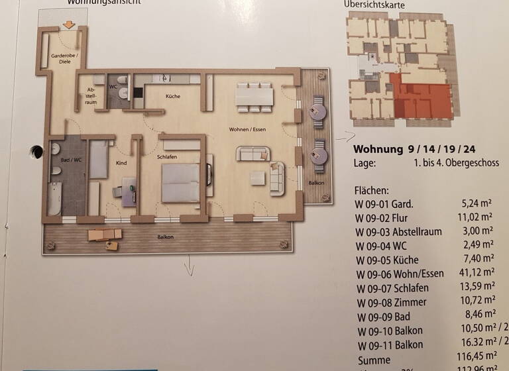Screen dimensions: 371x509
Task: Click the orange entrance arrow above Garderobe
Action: point(68,26)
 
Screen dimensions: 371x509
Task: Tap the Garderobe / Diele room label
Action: point(64,59)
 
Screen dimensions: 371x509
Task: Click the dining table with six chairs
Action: point(254,97)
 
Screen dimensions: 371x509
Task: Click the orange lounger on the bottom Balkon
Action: point(104,234)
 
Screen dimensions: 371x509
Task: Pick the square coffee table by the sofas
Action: point(256,179)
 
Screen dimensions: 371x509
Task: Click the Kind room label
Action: point(121,162)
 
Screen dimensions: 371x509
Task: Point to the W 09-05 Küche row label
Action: point(388,259)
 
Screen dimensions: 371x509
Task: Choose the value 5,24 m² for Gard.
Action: point(479,204)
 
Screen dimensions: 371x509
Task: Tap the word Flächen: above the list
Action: point(373,189)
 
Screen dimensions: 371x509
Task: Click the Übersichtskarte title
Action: point(374,5)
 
